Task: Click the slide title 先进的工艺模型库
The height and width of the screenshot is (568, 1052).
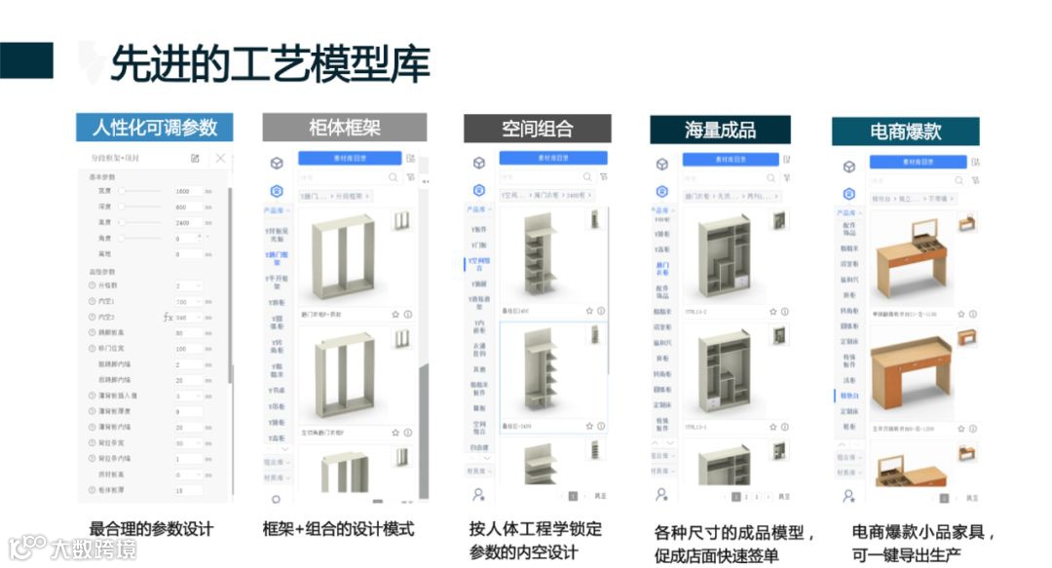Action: [270, 63]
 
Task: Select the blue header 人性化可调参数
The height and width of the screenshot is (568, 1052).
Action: [155, 128]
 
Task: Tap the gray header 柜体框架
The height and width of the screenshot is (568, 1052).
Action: [344, 128]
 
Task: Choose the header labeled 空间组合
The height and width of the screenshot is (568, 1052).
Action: [537, 129]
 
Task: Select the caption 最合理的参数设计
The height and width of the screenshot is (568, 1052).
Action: [150, 529]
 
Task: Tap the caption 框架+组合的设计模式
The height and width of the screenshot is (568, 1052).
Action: [338, 529]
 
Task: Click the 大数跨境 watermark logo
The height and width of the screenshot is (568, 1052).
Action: [74, 548]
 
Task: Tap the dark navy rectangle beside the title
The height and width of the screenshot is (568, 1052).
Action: [26, 60]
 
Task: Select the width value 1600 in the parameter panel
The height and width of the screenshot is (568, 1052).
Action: [182, 191]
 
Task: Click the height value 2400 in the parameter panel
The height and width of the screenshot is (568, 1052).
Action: [182, 222]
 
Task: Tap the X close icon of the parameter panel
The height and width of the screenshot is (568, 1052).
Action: [220, 158]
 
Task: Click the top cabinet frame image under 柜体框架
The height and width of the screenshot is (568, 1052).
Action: [340, 255]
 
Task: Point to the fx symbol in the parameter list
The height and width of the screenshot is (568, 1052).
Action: [167, 318]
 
